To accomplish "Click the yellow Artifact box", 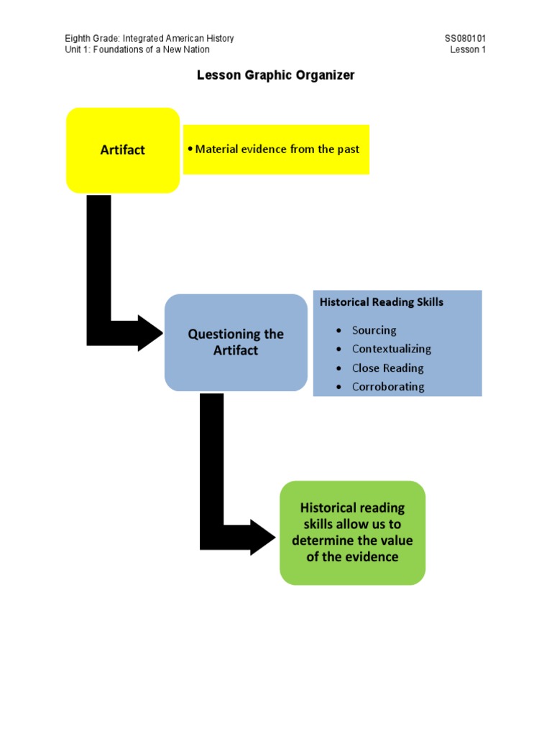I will pos(122,150).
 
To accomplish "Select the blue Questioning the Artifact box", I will pos(236,342).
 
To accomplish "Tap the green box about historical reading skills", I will pos(352,533).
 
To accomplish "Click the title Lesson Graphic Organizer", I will pos(276,75).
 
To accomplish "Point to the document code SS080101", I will pos(466,39).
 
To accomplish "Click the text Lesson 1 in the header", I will pos(468,50).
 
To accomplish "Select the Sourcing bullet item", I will pos(374,330).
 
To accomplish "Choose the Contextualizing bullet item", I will pos(391,349).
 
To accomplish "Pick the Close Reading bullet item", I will pos(387,368).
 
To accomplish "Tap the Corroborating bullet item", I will pos(388,387).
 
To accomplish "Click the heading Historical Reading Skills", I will pos(381,302).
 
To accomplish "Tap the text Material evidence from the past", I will pos(277,149).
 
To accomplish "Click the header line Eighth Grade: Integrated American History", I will pos(149,39).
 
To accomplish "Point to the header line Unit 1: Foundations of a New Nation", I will pos(137,50).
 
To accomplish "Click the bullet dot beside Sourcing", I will pos(339,331).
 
